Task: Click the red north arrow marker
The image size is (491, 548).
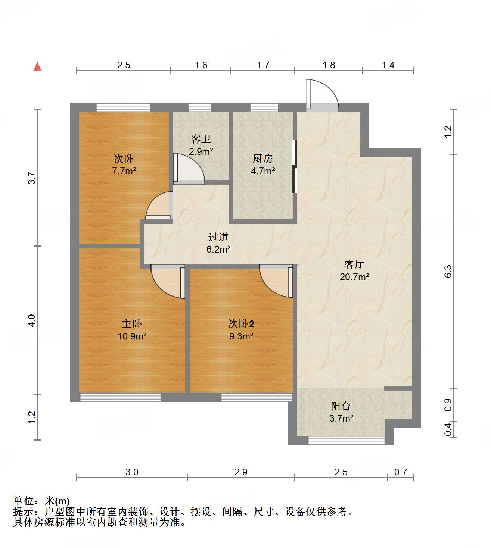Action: click(37, 66)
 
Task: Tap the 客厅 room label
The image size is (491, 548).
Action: click(354, 264)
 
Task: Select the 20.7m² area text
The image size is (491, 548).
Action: click(354, 277)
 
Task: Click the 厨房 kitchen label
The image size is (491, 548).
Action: click(262, 159)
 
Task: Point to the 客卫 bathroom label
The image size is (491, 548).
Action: click(201, 139)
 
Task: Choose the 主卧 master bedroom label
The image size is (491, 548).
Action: click(131, 324)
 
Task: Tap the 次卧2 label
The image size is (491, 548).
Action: click(241, 324)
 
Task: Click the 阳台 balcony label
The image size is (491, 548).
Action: click(341, 406)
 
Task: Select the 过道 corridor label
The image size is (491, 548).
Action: click(218, 237)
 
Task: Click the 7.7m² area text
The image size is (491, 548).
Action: click(124, 172)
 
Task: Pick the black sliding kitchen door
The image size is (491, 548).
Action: click(294, 166)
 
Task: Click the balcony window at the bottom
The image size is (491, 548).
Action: click(346, 441)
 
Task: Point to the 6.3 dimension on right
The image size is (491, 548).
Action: click(448, 271)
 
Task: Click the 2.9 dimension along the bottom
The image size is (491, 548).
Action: click(241, 472)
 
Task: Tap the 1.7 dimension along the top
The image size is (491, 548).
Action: click(263, 65)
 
